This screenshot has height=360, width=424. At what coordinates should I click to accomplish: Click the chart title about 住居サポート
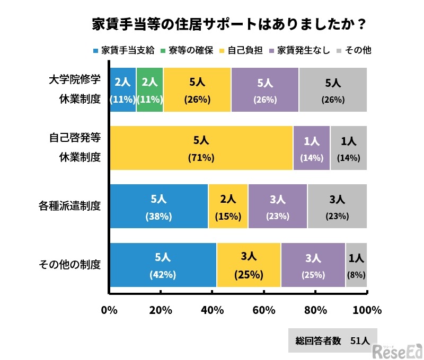228,25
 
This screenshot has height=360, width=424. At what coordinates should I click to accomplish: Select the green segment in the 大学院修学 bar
150,90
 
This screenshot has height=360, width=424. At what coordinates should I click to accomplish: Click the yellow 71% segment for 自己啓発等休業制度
201,148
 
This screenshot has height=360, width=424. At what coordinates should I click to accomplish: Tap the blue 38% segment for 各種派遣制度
158,206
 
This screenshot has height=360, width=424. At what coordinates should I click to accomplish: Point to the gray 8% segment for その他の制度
356,265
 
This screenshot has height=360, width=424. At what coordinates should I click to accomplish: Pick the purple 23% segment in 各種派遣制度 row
278,206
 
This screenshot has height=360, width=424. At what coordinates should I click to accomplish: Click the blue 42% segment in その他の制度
162,265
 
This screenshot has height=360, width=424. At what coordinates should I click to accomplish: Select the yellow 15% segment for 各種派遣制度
228,206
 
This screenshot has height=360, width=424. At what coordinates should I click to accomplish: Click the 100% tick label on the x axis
366,310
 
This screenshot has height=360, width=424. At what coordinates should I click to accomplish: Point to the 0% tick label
109,310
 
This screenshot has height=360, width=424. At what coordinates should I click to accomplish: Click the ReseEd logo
397,350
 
